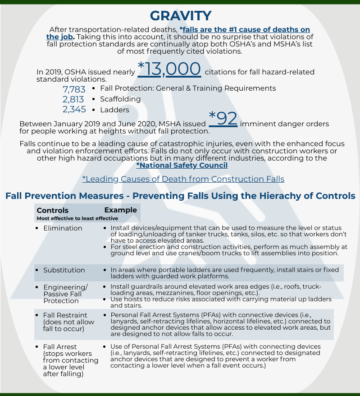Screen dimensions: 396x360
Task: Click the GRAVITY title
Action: pyautogui.click(x=180, y=16)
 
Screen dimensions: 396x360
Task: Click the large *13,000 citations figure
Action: pyautogui.click(x=169, y=69)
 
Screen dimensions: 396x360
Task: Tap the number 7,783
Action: pyautogui.click(x=74, y=89)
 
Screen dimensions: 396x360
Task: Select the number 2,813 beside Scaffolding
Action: pyautogui.click(x=74, y=99)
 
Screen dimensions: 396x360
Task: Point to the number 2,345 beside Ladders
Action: pyautogui.click(x=74, y=110)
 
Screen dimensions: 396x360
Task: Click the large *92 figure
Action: pyautogui.click(x=223, y=119)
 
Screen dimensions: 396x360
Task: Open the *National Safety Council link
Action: pyautogui.click(x=182, y=166)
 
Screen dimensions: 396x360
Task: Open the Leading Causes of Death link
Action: pyautogui.click(x=183, y=179)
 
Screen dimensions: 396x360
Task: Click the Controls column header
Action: pyautogui.click(x=53, y=210)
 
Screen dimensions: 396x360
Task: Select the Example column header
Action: pyautogui.click(x=120, y=210)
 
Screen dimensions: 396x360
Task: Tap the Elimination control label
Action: pyautogui.click(x=63, y=228)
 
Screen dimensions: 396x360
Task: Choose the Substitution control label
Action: pyautogui.click(x=64, y=270)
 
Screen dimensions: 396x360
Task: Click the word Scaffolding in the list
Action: pyautogui.click(x=120, y=99)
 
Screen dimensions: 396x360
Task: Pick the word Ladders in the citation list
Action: pyautogui.click(x=114, y=110)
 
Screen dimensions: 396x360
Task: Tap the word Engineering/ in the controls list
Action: pyautogui.click(x=65, y=287)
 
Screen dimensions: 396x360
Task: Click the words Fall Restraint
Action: pyautogui.click(x=65, y=315)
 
